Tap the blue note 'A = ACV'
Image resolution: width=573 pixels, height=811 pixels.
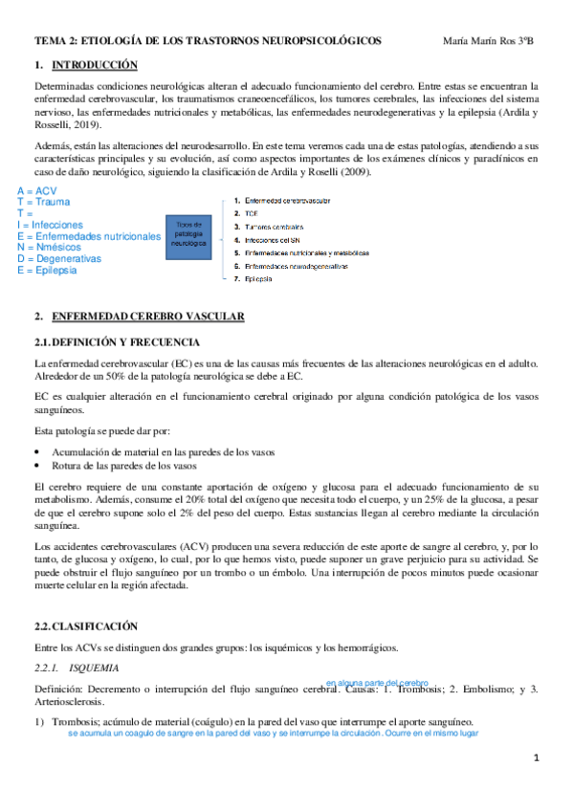pos(37,191)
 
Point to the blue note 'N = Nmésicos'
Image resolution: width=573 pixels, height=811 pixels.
pos(53,248)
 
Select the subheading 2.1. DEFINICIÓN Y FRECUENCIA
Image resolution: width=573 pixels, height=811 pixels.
pos(117,341)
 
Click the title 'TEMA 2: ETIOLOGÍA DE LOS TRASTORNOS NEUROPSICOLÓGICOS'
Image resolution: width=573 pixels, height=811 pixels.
pos(208,41)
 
